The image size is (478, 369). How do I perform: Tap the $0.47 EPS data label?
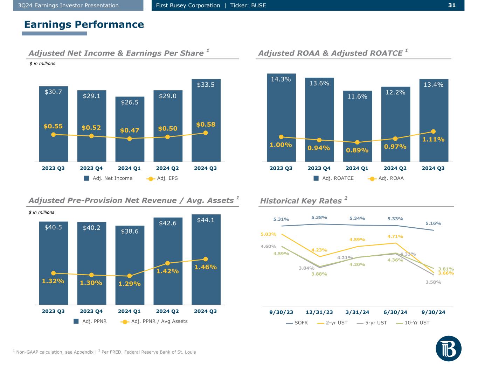130,130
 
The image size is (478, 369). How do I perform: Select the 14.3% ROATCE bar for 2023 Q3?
281,112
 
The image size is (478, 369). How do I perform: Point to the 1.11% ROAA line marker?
433,132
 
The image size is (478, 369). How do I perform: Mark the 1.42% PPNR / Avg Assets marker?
167,263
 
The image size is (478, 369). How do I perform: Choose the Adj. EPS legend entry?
162,178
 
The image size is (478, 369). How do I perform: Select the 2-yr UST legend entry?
332,323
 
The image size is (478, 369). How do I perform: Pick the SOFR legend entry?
297,323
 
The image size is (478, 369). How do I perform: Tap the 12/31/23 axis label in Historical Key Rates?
319,312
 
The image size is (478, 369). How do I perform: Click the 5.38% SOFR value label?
319,218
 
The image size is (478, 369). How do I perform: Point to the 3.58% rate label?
433,282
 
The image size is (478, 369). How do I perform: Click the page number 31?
451,5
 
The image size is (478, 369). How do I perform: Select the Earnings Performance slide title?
84,24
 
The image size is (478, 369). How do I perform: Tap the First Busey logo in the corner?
449,348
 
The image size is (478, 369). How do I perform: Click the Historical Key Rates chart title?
301,201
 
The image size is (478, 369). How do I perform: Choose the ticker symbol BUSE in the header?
258,5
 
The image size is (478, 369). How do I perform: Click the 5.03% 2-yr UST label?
269,234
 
